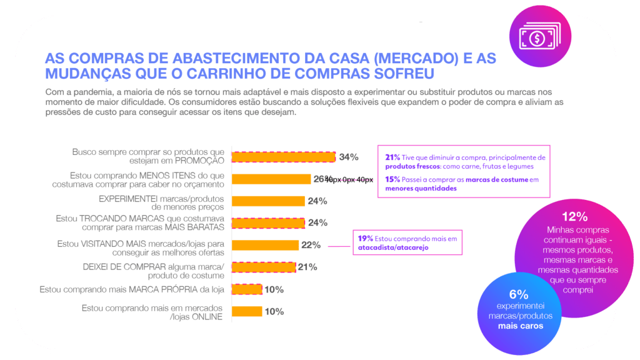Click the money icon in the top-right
click(537, 37)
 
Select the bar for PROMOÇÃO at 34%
click(283, 157)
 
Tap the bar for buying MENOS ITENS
click(271, 179)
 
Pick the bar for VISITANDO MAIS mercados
click(265, 245)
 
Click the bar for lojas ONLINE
click(247, 311)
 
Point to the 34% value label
click(349, 157)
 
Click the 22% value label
click(311, 245)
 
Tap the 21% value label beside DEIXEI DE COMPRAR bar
click(307, 267)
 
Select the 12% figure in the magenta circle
click(574, 217)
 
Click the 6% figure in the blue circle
click(519, 294)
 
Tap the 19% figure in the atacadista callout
click(366, 238)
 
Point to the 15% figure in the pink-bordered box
click(392, 179)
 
